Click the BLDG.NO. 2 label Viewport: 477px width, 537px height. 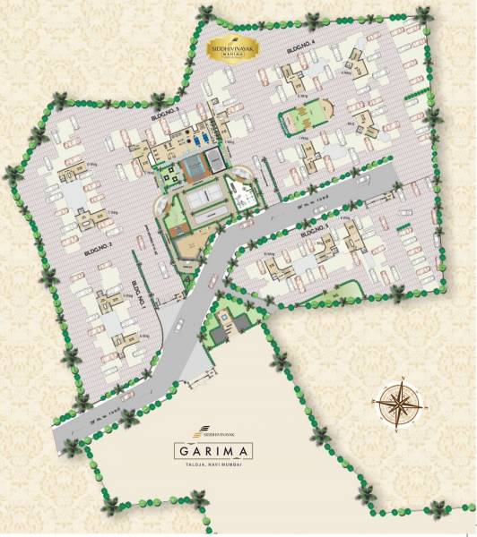[x=95, y=244]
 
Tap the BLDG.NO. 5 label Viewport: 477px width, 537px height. [x=318, y=232]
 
